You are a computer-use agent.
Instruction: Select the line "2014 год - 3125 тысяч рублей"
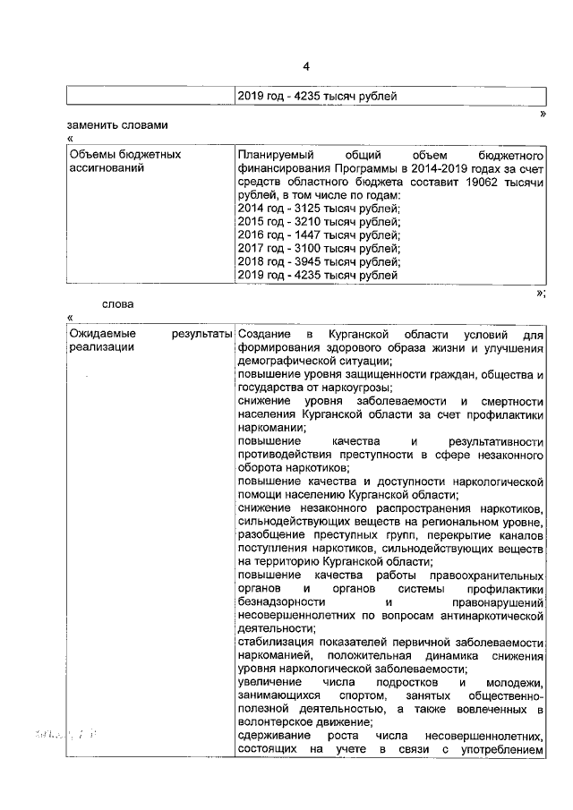pos(318,208)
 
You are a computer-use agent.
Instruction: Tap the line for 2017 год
pos(318,248)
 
